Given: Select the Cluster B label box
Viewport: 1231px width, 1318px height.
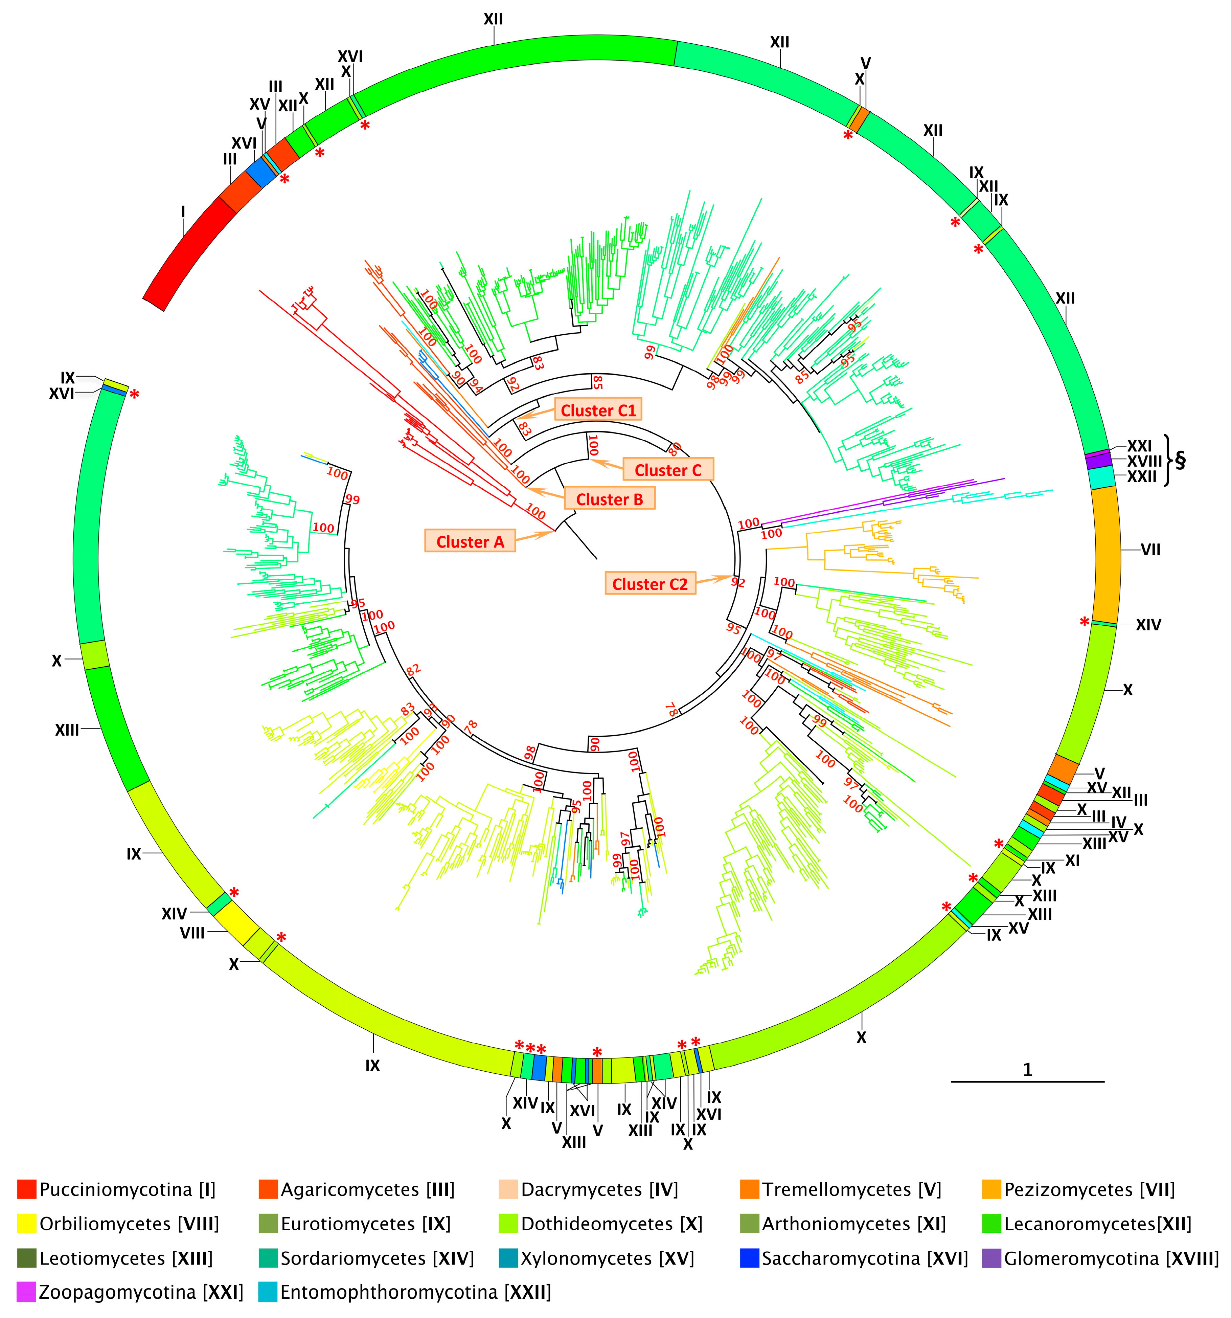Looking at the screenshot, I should [609, 499].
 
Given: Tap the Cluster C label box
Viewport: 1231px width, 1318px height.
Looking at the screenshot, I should [667, 470].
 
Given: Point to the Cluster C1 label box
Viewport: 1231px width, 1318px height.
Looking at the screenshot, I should [598, 410].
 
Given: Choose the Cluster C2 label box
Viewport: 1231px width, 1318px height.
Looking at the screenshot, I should [649, 584].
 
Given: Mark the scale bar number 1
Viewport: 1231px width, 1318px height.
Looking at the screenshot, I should [1027, 1070].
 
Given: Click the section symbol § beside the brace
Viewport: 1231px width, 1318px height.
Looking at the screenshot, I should [1180, 460].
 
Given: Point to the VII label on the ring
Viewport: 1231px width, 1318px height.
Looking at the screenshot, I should [1150, 550].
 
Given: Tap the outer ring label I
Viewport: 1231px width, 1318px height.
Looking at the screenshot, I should [183, 212].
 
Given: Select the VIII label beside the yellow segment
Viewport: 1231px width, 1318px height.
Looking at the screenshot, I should [192, 934].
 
